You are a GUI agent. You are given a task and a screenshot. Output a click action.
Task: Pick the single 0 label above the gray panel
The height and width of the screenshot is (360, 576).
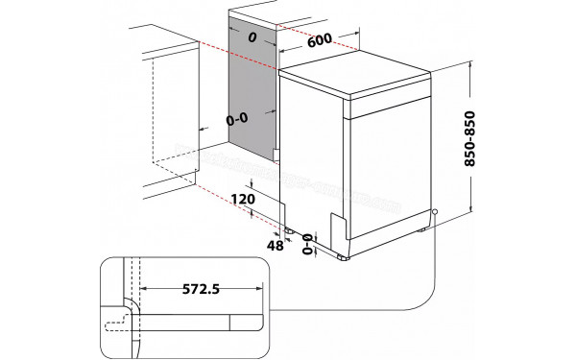point(252,36)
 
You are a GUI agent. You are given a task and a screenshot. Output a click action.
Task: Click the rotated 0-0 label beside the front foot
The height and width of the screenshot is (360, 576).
point(309,245)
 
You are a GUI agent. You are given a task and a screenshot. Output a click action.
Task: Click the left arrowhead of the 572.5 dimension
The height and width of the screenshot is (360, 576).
point(144,286)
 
